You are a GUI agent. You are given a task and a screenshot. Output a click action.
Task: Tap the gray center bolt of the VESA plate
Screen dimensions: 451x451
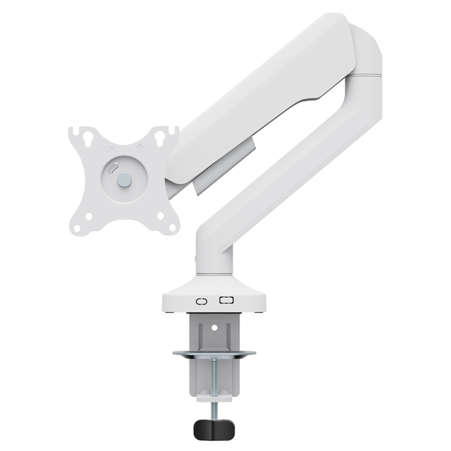(124, 180)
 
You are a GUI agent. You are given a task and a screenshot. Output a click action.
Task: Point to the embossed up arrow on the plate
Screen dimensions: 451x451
(139, 147)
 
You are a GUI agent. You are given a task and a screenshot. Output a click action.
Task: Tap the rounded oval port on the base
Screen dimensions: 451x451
(202, 301)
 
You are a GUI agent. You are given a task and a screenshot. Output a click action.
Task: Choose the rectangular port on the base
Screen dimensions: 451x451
(226, 300)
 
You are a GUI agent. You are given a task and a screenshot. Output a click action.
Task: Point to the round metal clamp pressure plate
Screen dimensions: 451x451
(214, 356)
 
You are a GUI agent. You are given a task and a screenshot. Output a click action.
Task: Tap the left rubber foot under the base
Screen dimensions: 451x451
(171, 312)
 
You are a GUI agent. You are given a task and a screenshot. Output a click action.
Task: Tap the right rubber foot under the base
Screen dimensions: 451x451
(257, 312)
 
